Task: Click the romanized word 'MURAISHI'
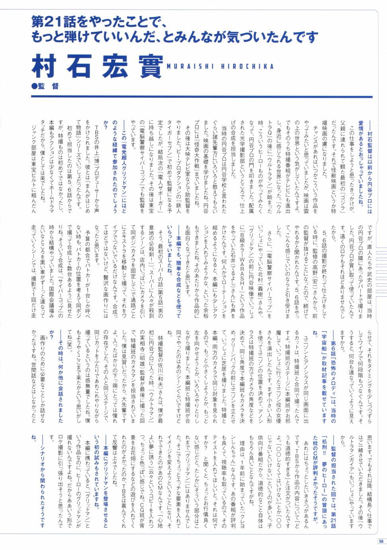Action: (190, 66)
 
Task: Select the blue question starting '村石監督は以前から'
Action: (365, 167)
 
